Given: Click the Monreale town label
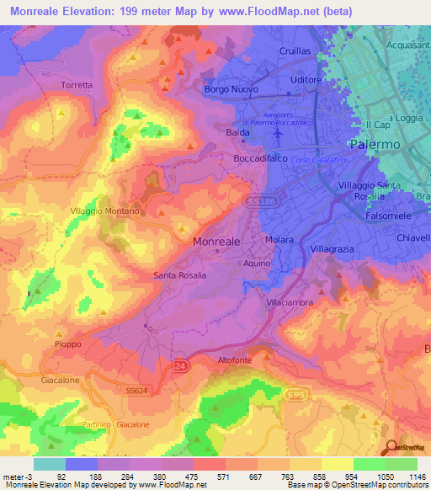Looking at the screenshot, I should tap(217, 241).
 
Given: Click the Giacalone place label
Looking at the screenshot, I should tap(61, 381).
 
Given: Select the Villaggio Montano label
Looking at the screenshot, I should tap(104, 212).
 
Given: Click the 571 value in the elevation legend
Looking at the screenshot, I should tap(200, 476).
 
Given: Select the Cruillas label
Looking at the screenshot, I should tap(295, 51).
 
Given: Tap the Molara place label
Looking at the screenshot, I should tap(279, 240).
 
